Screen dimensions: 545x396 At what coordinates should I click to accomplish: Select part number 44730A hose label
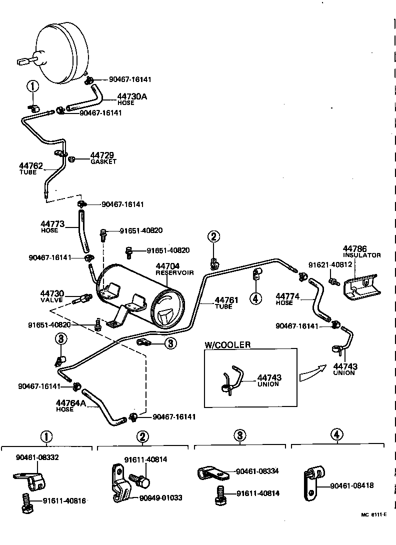tap(132, 98)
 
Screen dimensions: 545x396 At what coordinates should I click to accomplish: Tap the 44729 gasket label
tap(103, 158)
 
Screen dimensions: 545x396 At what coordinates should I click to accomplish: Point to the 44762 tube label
tap(31, 168)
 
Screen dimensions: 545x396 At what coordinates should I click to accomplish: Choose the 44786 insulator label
tap(361, 251)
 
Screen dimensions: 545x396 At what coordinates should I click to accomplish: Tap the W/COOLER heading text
tap(227, 345)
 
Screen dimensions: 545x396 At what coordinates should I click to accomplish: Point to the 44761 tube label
tap(225, 303)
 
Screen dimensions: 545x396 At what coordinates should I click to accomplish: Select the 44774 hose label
tap(287, 299)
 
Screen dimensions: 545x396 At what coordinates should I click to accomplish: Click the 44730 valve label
tap(51, 296)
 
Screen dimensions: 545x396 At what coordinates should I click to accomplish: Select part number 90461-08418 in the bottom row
tap(352, 485)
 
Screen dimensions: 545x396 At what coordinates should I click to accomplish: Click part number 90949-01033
tap(160, 497)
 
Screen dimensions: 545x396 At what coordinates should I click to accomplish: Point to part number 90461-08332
tap(37, 457)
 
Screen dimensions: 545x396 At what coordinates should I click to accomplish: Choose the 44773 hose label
tap(52, 227)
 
